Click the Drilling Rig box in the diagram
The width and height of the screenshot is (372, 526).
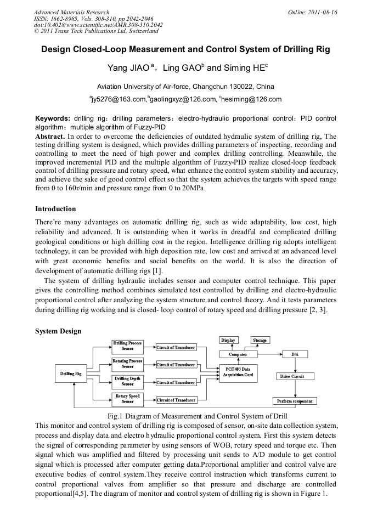pyautogui.click(x=71, y=374)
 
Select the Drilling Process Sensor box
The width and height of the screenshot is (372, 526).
pyautogui.click(x=127, y=346)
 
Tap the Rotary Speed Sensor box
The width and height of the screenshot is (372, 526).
pyautogui.click(x=127, y=399)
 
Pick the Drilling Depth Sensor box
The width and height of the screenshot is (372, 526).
pyautogui.click(x=127, y=381)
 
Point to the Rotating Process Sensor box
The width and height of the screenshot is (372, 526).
pyautogui.click(x=127, y=364)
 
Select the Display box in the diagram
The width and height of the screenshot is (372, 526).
pyautogui.click(x=228, y=341)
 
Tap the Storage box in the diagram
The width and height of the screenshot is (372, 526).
pyautogui.click(x=260, y=341)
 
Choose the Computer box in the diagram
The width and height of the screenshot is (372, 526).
pyautogui.click(x=238, y=354)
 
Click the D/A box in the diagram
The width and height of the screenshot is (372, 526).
pyautogui.click(x=295, y=354)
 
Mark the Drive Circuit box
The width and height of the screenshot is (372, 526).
pyautogui.click(x=295, y=376)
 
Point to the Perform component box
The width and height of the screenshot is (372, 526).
pyautogui.click(x=295, y=401)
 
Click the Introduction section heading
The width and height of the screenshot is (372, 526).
pyautogui.click(x=55, y=209)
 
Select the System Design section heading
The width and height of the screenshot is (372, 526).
pyautogui.click(x=58, y=331)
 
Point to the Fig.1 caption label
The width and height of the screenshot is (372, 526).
pyautogui.click(x=119, y=416)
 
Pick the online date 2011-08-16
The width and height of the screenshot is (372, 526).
pyautogui.click(x=323, y=12)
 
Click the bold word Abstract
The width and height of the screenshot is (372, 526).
pyautogui.click(x=50, y=135)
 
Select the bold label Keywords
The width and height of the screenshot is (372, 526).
pyautogui.click(x=52, y=118)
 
